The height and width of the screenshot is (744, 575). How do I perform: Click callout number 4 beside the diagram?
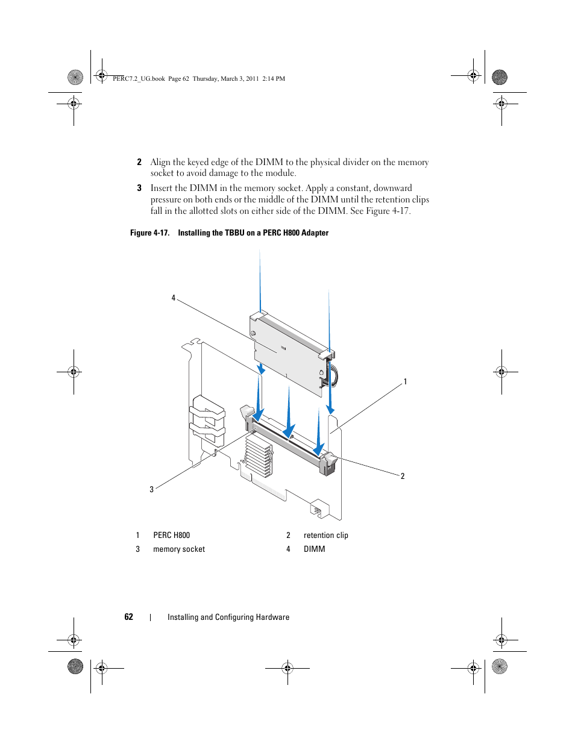(x=174, y=298)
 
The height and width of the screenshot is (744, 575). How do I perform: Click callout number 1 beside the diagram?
(x=405, y=381)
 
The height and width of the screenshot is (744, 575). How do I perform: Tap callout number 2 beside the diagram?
(x=403, y=476)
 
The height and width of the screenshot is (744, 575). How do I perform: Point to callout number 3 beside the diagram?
(x=152, y=489)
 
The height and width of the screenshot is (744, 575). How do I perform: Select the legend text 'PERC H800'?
(x=171, y=535)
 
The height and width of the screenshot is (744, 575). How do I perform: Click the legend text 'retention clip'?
(x=325, y=535)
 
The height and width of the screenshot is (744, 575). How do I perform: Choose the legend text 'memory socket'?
(x=179, y=549)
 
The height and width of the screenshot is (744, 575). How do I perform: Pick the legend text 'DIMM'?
(x=314, y=549)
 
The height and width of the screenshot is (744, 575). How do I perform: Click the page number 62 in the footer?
(x=128, y=617)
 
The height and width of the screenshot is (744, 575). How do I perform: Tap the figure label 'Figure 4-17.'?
(x=149, y=233)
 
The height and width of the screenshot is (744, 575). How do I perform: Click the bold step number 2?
(x=139, y=162)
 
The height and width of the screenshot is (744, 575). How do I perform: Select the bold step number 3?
(x=139, y=188)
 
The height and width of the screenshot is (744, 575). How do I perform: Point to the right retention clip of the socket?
(x=329, y=463)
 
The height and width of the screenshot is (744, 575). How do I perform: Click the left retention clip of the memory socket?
(x=248, y=414)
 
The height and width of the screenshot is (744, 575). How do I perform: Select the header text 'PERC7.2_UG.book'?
(x=139, y=78)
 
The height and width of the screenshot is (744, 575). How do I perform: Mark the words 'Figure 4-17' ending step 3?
(x=388, y=211)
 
